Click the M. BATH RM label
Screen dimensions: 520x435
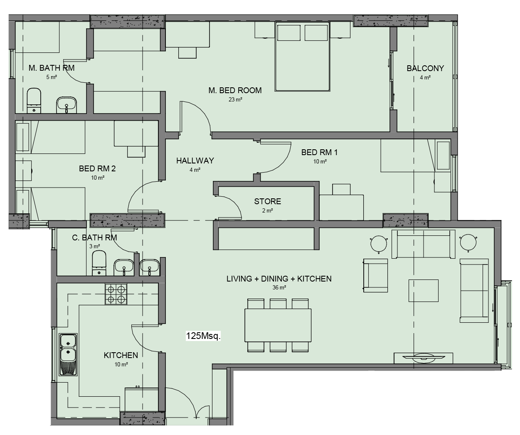click(52, 68)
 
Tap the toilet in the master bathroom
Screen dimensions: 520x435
click(34, 101)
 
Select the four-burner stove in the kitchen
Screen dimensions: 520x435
click(116, 294)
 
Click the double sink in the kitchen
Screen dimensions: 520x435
click(68, 354)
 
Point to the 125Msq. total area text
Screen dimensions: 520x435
click(203, 336)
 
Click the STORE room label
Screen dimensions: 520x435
click(267, 201)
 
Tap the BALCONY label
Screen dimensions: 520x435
click(425, 68)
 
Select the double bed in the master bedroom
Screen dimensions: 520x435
click(303, 57)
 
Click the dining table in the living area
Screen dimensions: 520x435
click(278, 325)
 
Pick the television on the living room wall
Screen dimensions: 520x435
click(424, 358)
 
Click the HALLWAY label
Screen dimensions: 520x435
click(195, 161)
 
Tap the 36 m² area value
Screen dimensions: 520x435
click(279, 287)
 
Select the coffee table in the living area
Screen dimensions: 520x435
click(424, 291)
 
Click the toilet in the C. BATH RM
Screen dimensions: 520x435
click(99, 263)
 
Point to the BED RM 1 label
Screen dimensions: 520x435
click(320, 153)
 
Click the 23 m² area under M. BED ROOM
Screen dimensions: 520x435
click(235, 100)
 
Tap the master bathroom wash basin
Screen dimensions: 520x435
click(67, 105)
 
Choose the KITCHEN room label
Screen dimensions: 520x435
click(121, 355)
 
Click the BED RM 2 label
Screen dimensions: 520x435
click(97, 169)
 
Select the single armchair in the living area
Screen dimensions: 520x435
click(376, 275)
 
